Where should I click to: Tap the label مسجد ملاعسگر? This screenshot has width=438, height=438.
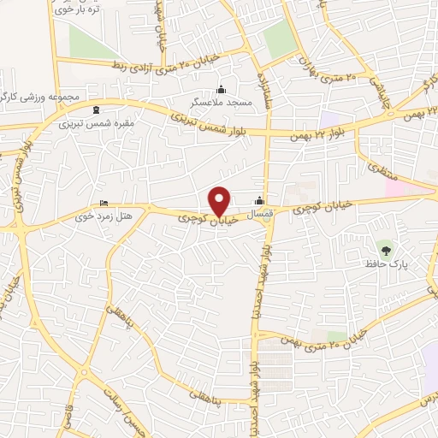[222, 102]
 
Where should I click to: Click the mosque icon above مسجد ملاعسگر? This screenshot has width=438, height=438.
[222, 89]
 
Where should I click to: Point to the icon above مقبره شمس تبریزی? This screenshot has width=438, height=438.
[95, 109]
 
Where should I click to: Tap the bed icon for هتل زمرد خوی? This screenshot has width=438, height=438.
[104, 203]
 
